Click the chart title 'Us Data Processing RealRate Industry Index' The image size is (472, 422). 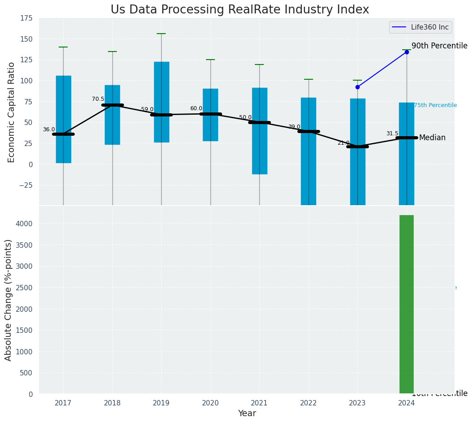tap(240, 10)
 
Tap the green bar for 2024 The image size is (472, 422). tap(406, 305)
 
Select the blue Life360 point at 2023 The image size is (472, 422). tap(357, 87)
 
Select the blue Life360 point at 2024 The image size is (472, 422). tap(407, 52)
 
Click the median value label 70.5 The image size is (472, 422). tap(98, 99)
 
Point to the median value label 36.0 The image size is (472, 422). tap(49, 130)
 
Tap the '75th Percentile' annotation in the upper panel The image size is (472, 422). tap(435, 105)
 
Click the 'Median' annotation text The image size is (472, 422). tap(432, 138)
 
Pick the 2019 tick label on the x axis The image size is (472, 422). tap(161, 404)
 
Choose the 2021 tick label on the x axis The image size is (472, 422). tap(259, 404)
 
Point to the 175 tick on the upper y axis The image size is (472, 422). tap(26, 18)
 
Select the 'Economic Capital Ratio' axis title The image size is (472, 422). tap(11, 112)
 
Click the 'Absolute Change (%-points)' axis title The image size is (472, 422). tap(9, 300)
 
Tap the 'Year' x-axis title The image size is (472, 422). tap(247, 413)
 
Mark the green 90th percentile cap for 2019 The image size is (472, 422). tap(161, 34)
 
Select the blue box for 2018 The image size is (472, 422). tap(112, 115)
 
